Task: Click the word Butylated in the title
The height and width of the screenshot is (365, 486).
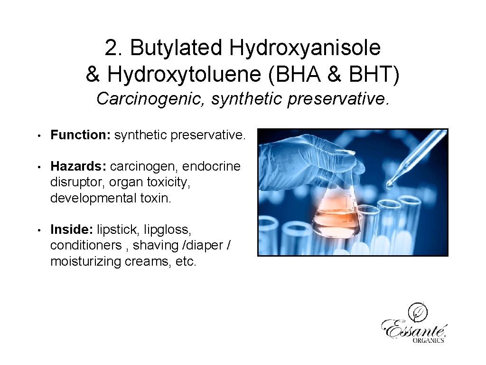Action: (x=177, y=48)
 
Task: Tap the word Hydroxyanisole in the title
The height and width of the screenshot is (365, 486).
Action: (x=305, y=48)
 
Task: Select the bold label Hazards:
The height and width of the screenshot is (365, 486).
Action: (x=78, y=166)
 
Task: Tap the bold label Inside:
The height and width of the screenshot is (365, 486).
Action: (x=72, y=230)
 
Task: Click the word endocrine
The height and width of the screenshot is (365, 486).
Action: (x=211, y=166)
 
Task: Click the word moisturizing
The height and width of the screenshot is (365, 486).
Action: (x=86, y=261)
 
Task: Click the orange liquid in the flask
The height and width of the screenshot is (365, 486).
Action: (x=335, y=221)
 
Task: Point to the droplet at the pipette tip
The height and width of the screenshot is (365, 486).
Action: (x=389, y=185)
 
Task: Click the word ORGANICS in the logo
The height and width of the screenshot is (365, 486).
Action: (x=428, y=340)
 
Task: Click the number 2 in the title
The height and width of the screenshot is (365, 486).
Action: (x=110, y=48)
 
